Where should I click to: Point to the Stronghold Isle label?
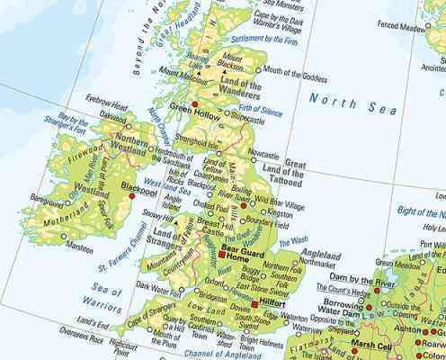click(200, 140)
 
